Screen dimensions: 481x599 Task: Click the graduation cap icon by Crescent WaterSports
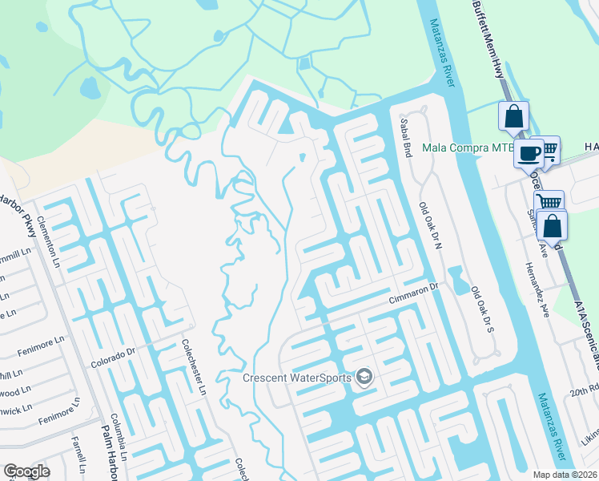coord(364,377)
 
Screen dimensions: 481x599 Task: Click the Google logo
coord(26,471)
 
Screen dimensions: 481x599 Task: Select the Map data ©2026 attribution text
coord(565,475)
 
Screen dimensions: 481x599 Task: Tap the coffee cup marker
coord(529,153)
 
